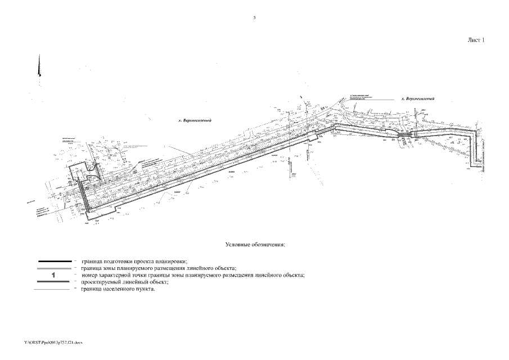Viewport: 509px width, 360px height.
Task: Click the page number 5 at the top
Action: pyautogui.click(x=254, y=18)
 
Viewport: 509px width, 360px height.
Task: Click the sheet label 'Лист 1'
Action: pyautogui.click(x=475, y=40)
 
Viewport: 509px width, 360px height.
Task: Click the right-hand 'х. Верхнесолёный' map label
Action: pyautogui.click(x=418, y=99)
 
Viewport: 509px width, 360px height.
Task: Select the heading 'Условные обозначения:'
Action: pyautogui.click(x=255, y=245)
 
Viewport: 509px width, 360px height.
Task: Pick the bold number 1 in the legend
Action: pyautogui.click(x=53, y=276)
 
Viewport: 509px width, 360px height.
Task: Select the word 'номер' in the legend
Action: pyautogui.click(x=91, y=276)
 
